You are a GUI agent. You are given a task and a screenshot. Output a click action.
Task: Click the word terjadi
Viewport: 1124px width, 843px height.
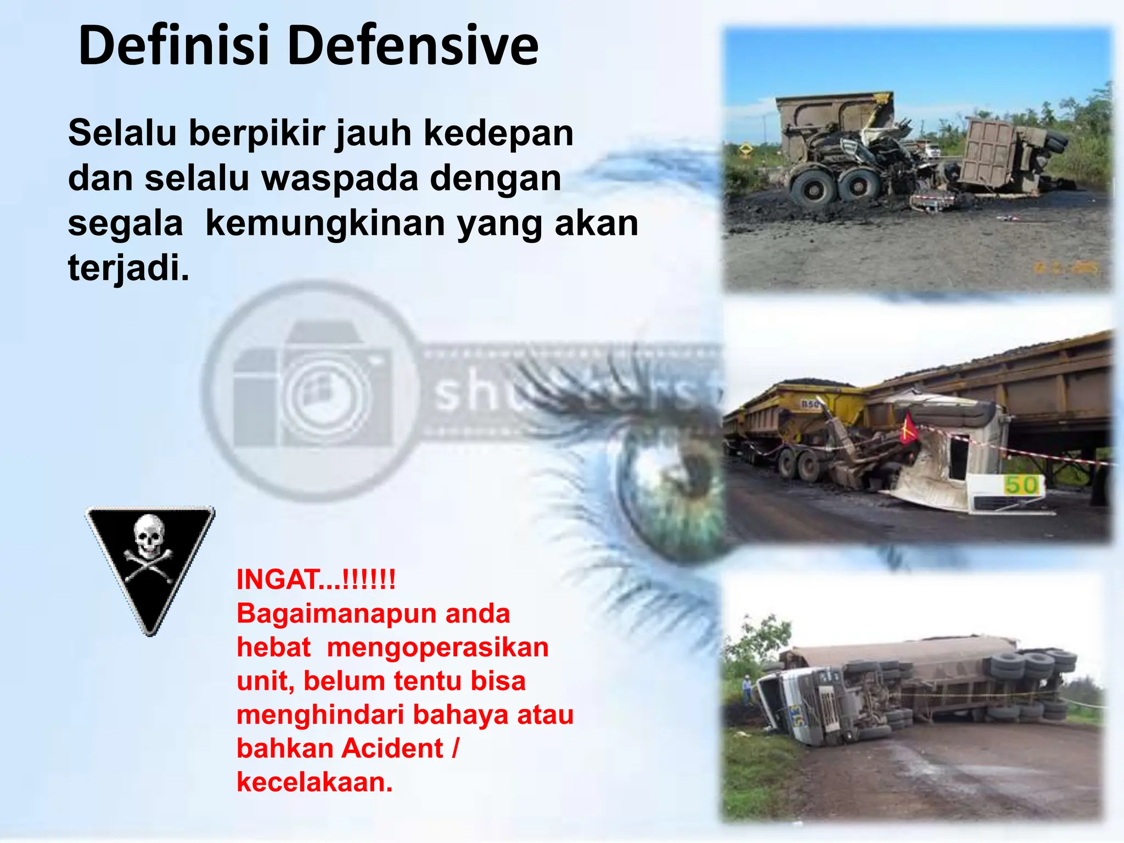click(128, 268)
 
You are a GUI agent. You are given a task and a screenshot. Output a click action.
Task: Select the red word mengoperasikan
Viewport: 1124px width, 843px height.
click(437, 647)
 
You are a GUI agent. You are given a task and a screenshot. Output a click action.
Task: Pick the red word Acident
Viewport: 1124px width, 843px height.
click(392, 748)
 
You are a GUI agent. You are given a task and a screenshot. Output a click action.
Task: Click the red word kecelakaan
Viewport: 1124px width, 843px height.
click(314, 782)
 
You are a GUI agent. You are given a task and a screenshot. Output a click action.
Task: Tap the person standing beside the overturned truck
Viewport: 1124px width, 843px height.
click(747, 689)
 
